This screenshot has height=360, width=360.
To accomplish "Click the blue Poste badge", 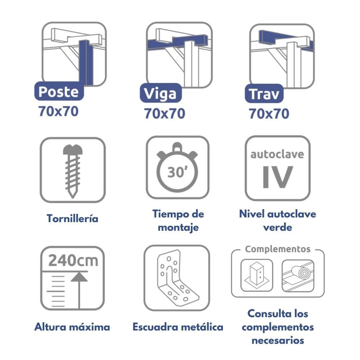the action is pyautogui.click(x=59, y=91).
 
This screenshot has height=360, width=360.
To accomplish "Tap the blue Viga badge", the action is pyautogui.click(x=161, y=93).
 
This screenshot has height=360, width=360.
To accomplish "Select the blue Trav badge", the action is pyautogui.click(x=264, y=94).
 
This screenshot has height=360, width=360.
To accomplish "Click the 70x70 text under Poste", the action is pyautogui.click(x=59, y=111).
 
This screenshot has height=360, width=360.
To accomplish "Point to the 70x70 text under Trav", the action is pyautogui.click(x=269, y=114).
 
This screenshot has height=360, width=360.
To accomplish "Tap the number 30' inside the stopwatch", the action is pyautogui.click(x=177, y=172).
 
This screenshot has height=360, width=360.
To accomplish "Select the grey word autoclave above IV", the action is pyautogui.click(x=277, y=154).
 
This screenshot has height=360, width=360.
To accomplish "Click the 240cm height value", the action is pyautogui.click(x=73, y=260).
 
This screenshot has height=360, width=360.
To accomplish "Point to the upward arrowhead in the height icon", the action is pyautogui.click(x=79, y=277).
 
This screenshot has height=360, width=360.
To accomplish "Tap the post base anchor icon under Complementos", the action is pyautogui.click(x=257, y=275).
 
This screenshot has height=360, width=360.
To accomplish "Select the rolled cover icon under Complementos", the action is pyautogui.click(x=298, y=275).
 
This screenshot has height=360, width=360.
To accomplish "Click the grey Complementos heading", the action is pyautogui.click(x=278, y=249).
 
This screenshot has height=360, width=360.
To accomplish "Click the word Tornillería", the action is pyautogui.click(x=73, y=218).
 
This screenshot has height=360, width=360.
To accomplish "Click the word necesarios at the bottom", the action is pyautogui.click(x=278, y=341).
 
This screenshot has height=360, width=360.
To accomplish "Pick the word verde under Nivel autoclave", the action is pyautogui.click(x=278, y=227).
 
